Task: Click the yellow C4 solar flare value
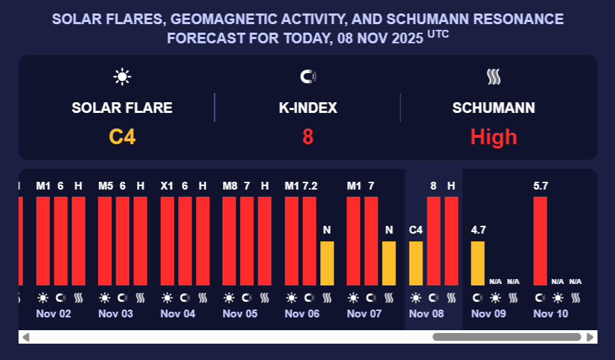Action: pyautogui.click(x=122, y=136)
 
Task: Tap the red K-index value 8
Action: pyautogui.click(x=307, y=136)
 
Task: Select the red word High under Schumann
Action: pyautogui.click(x=494, y=136)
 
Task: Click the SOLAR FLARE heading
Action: pyautogui.click(x=122, y=108)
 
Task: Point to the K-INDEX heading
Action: pyautogui.click(x=307, y=108)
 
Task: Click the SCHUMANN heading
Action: pyautogui.click(x=494, y=108)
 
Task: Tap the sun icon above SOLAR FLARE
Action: pyautogui.click(x=122, y=77)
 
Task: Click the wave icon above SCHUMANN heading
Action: pyautogui.click(x=494, y=77)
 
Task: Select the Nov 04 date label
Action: pyautogui.click(x=178, y=313)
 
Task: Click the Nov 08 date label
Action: pyautogui.click(x=426, y=313)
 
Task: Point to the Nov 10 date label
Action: pyautogui.click(x=550, y=313)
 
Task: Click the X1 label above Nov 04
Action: pyautogui.click(x=167, y=186)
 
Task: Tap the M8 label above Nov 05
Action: pyautogui.click(x=229, y=186)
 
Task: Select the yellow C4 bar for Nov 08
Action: pyautogui.click(x=416, y=263)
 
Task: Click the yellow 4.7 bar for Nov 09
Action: pyautogui.click(x=478, y=263)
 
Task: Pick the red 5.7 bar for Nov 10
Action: pyautogui.click(x=540, y=241)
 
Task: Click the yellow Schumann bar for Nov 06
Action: pyautogui.click(x=327, y=263)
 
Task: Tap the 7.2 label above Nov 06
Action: pyautogui.click(x=310, y=186)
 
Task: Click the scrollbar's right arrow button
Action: pyautogui.click(x=592, y=337)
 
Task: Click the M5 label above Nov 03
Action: pyautogui.click(x=105, y=186)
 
